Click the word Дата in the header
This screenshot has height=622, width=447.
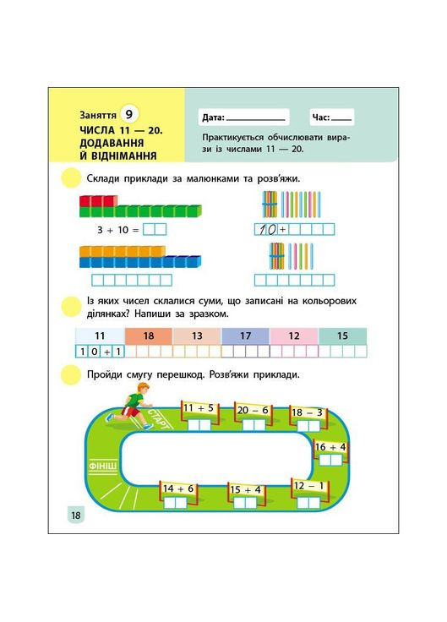click(x=212, y=118)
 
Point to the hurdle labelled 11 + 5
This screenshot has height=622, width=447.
click(x=199, y=408)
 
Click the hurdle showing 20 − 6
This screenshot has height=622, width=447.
click(x=253, y=410)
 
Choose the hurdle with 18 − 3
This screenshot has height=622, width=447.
click(x=307, y=412)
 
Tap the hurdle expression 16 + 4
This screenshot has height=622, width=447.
click(x=330, y=447)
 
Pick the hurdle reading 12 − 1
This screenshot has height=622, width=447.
click(x=309, y=485)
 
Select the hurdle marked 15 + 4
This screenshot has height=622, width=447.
click(x=245, y=489)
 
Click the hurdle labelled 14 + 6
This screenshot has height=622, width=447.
click(x=178, y=488)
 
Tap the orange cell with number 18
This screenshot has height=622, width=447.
click(x=149, y=336)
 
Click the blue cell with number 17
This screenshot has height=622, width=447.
click(x=245, y=336)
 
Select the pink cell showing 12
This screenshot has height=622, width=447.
click(x=293, y=336)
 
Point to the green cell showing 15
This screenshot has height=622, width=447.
click(x=341, y=336)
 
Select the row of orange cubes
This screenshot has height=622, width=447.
click(x=118, y=250)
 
